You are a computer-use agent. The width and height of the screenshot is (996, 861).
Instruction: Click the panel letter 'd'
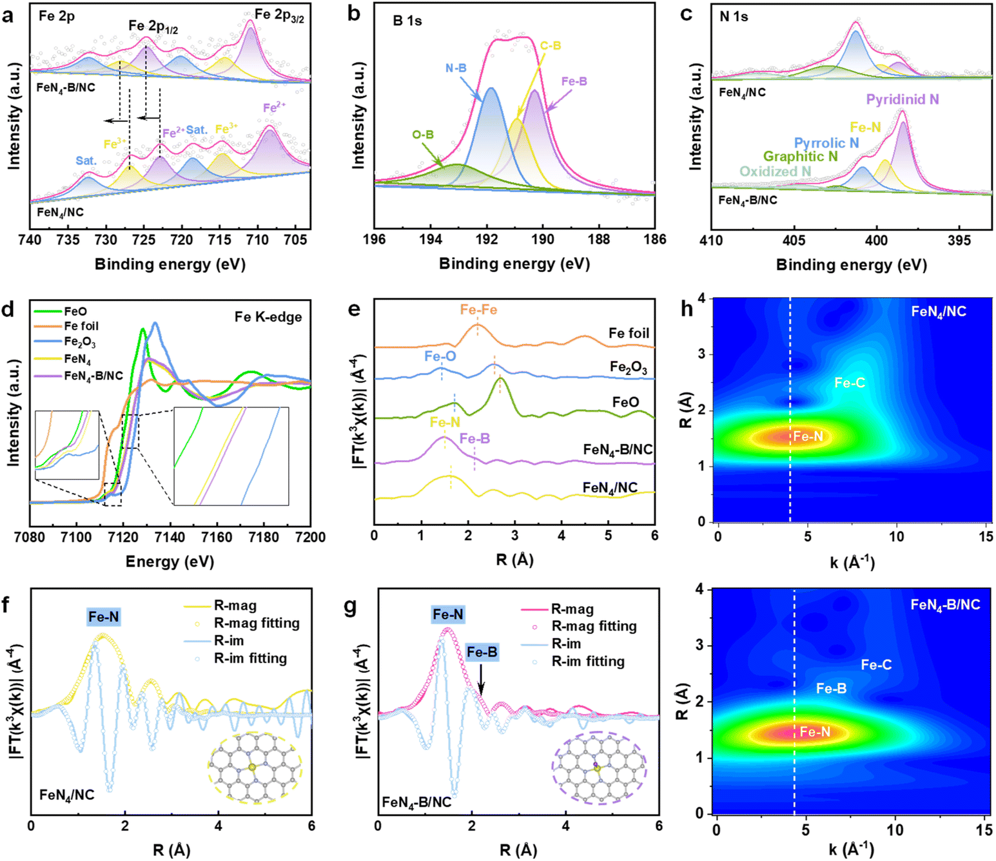(x=8, y=310)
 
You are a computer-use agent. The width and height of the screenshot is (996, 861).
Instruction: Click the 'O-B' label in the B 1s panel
(x=423, y=135)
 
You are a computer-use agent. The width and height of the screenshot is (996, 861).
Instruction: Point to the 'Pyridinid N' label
(x=902, y=99)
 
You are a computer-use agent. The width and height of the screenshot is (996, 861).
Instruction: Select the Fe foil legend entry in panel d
(x=81, y=326)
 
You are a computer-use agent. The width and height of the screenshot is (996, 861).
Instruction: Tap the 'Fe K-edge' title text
(x=268, y=317)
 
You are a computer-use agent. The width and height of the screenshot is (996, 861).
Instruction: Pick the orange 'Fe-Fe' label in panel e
(x=478, y=310)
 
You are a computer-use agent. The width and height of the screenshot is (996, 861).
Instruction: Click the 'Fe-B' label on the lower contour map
(x=831, y=689)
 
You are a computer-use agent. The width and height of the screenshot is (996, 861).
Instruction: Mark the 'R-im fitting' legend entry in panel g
(x=587, y=661)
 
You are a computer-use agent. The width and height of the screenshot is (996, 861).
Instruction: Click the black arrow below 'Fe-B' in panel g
(x=481, y=682)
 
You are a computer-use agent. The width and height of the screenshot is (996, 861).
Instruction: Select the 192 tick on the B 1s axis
(x=487, y=240)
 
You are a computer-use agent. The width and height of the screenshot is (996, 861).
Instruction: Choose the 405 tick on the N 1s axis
(x=794, y=240)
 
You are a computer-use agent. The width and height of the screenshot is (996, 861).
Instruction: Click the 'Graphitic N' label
(x=800, y=157)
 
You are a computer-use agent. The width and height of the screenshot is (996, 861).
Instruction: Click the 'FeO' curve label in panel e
(x=625, y=402)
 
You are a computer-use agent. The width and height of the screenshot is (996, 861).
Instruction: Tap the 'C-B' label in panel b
(x=551, y=46)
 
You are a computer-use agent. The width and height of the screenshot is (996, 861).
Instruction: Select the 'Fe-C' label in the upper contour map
(x=849, y=383)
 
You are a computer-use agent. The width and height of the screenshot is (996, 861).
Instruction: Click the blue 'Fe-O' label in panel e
(x=440, y=356)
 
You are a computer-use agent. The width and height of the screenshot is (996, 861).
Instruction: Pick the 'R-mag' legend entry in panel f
(x=235, y=606)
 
